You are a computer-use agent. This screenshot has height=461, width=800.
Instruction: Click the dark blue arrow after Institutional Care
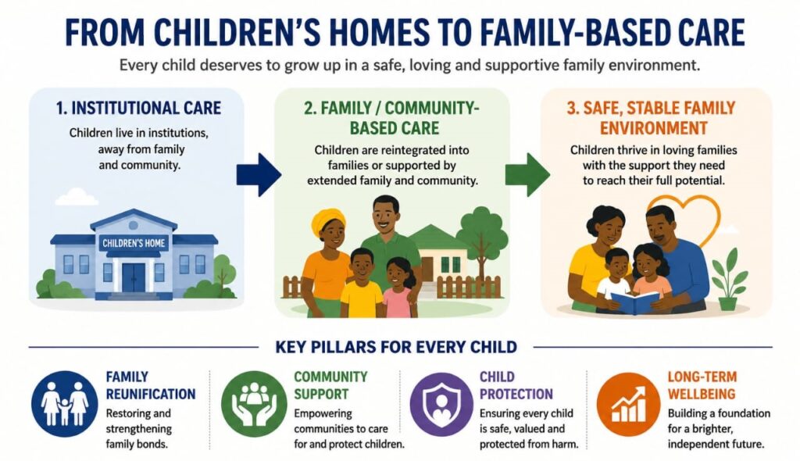259,174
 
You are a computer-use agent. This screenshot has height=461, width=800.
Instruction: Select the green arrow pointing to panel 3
527,174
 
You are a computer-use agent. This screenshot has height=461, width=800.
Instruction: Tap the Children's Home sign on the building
134,243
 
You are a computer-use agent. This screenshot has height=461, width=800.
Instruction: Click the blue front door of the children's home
134,277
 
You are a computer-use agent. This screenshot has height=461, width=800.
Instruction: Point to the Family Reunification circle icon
65,404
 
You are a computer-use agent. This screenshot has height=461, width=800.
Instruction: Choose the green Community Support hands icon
254,404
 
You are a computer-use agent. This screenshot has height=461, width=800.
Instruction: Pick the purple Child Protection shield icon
442,404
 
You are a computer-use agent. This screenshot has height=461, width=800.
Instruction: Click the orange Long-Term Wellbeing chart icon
629,404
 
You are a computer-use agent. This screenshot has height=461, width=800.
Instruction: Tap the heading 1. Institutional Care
139,109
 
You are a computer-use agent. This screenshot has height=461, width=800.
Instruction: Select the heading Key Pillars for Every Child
396,347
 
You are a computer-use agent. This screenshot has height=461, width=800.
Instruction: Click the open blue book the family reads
634,302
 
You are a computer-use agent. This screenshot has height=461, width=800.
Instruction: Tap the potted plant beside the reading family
729,281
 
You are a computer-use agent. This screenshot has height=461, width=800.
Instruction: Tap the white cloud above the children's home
76,197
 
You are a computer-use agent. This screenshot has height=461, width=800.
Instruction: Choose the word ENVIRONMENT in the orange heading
654,128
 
